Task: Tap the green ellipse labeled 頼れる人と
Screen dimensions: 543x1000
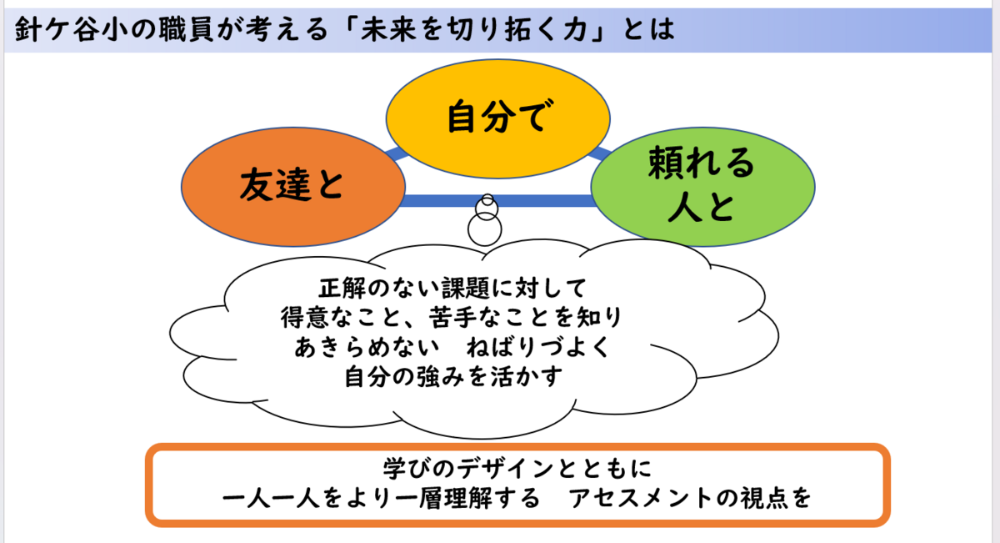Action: click(x=701, y=185)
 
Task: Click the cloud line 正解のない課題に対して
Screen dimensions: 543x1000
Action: click(x=453, y=289)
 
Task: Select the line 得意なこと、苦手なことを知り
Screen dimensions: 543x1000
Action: click(x=453, y=318)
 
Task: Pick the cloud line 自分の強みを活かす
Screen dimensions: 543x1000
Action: click(x=453, y=376)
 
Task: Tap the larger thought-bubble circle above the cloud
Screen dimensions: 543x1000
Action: click(x=483, y=227)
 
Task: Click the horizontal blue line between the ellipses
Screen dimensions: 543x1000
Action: click(x=433, y=201)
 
